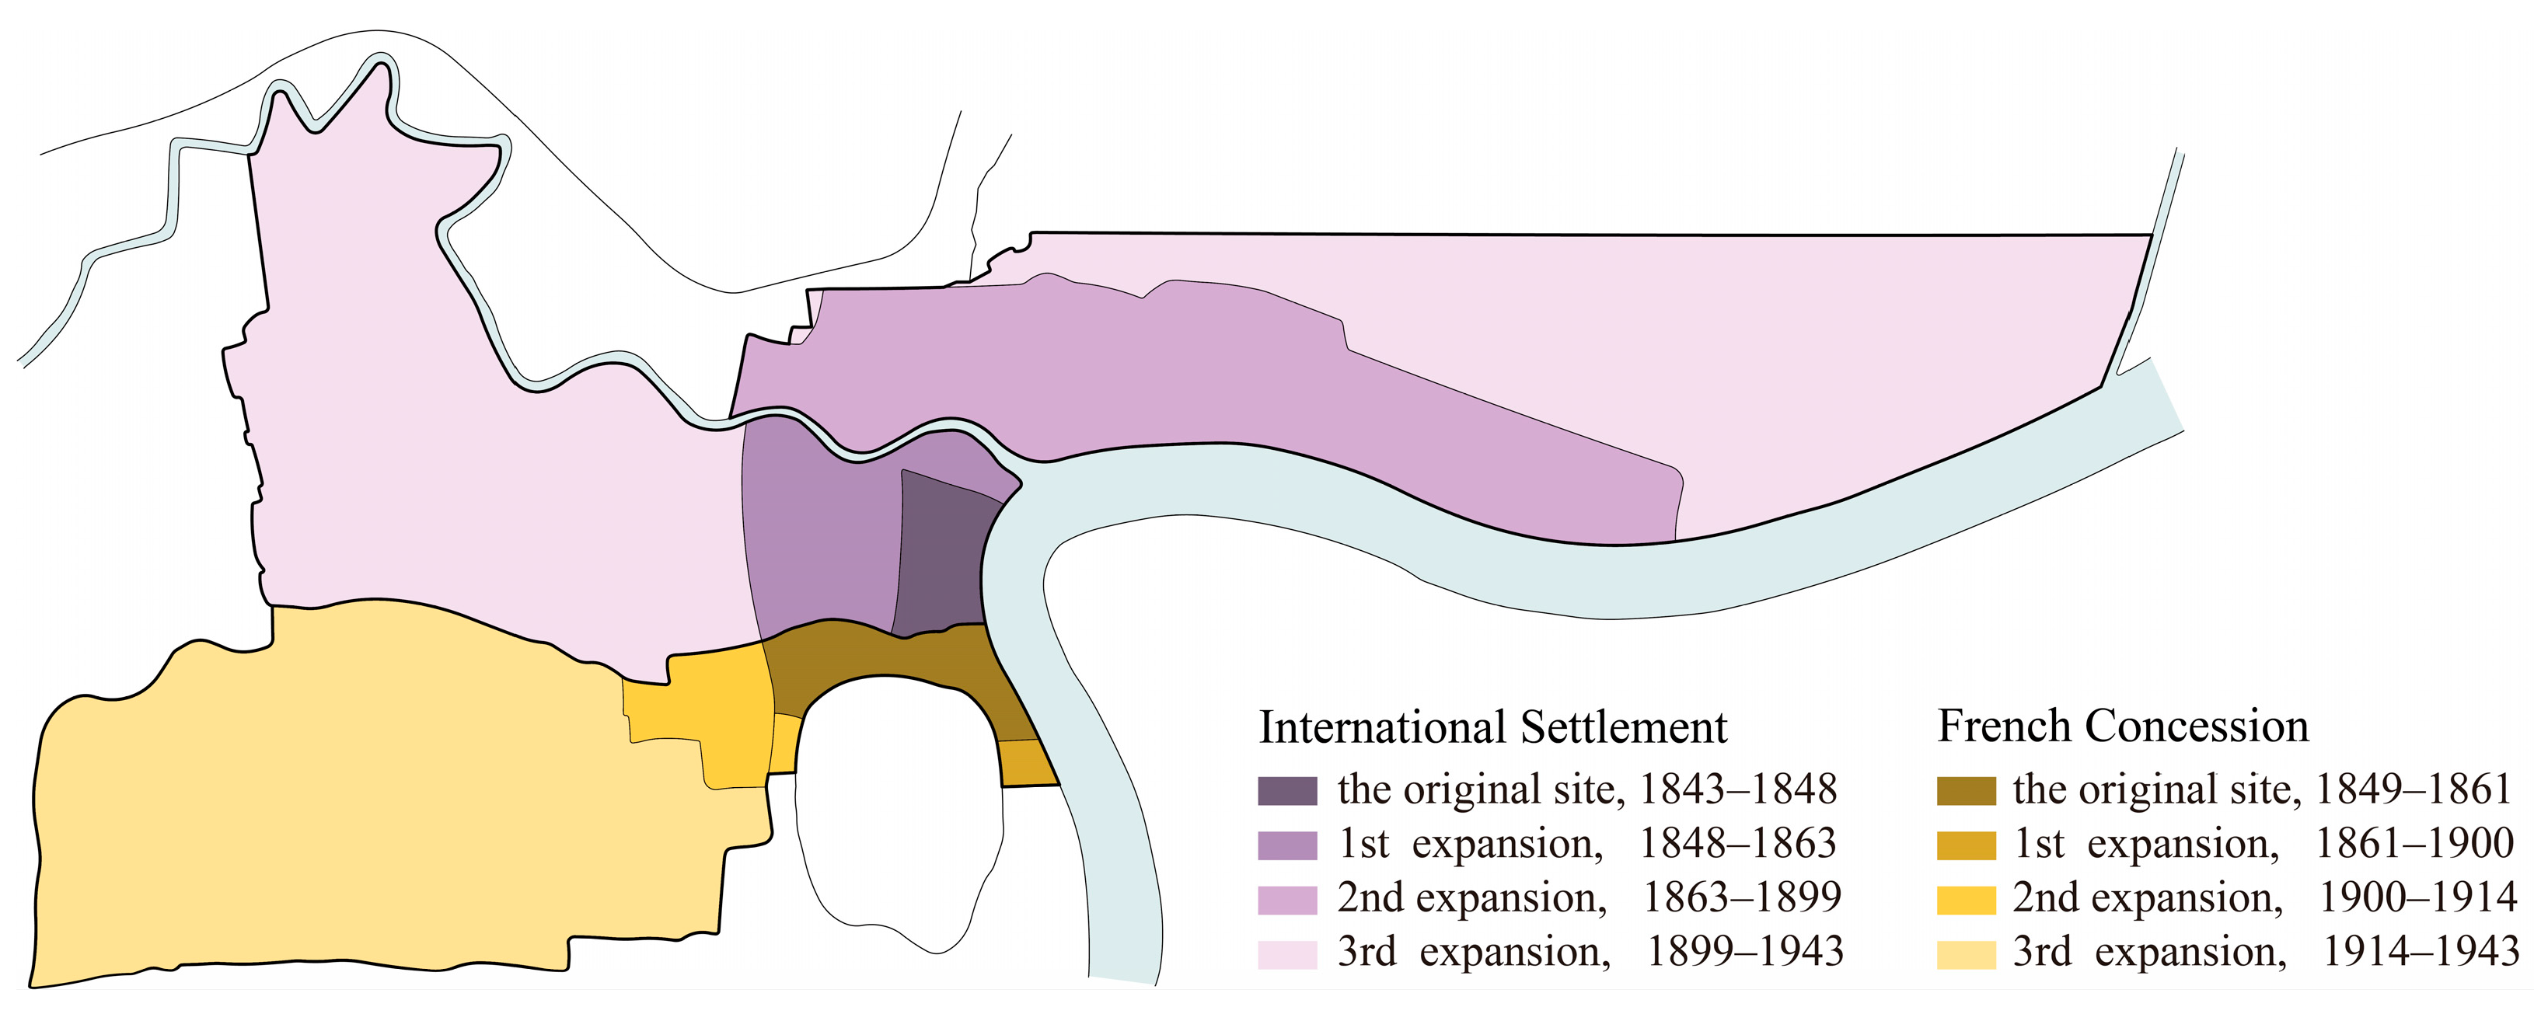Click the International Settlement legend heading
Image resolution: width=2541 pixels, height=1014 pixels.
point(1492,728)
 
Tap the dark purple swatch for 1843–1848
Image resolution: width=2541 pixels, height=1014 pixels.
point(1287,791)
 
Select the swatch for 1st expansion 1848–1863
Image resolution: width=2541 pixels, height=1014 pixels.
point(1287,845)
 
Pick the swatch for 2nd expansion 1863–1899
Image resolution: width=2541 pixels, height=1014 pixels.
point(1287,900)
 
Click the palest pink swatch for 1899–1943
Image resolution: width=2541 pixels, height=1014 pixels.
point(1287,954)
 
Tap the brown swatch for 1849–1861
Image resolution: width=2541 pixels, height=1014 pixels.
point(1966,791)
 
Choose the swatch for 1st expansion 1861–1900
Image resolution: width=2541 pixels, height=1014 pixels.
point(1966,845)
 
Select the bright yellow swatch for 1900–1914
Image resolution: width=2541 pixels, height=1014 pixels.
point(1966,900)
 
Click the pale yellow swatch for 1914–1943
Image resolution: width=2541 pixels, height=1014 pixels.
point(1966,954)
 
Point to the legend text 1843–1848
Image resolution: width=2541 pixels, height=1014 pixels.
point(1738,790)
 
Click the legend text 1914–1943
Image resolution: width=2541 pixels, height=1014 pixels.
point(2421,952)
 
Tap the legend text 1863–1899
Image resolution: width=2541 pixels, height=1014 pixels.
point(1741,897)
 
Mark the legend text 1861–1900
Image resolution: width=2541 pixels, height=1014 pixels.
point(2414,843)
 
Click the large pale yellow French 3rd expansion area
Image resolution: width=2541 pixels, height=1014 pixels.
point(345,789)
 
